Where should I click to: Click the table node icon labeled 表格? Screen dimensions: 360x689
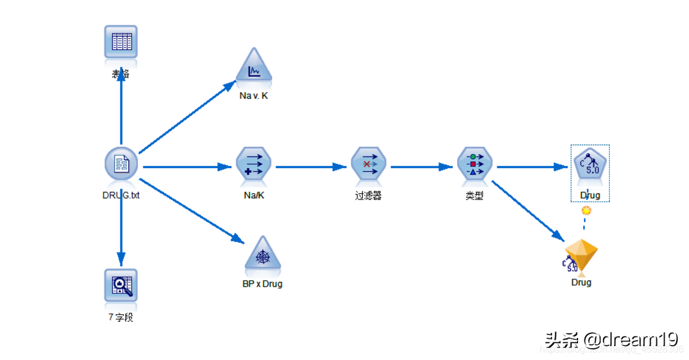pyautogui.click(x=121, y=42)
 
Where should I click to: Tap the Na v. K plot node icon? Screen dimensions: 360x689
pyautogui.click(x=254, y=70)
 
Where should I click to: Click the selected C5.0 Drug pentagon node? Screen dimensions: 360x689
pyautogui.click(x=590, y=165)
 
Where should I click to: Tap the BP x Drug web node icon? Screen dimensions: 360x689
pyautogui.click(x=263, y=255)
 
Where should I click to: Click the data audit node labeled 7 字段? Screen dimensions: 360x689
pyautogui.click(x=121, y=286)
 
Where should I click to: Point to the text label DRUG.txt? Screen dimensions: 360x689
pyautogui.click(x=121, y=195)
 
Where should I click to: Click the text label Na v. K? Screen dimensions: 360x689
pyautogui.click(x=254, y=96)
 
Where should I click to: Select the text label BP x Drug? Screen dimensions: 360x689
pyautogui.click(x=263, y=284)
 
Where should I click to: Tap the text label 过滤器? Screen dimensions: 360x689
pyautogui.click(x=368, y=196)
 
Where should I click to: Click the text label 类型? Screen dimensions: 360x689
pyautogui.click(x=475, y=196)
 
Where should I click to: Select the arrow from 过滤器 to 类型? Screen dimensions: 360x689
pyautogui.click(x=422, y=167)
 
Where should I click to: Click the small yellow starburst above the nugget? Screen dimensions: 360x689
pyautogui.click(x=586, y=211)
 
